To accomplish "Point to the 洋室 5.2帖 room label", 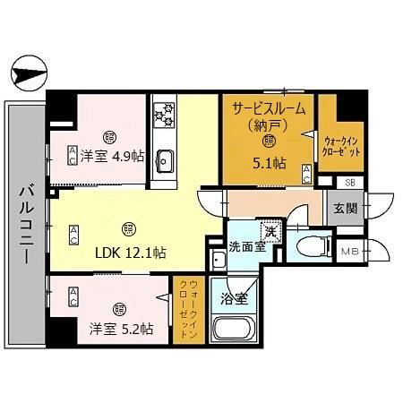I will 120,329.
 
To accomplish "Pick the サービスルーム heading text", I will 269,107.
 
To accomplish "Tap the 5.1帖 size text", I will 269,163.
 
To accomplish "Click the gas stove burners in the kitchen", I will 165,114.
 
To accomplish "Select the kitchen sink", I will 166,159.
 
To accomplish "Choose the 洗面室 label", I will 244,244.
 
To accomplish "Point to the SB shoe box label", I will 349,184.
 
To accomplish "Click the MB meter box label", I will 349,252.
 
